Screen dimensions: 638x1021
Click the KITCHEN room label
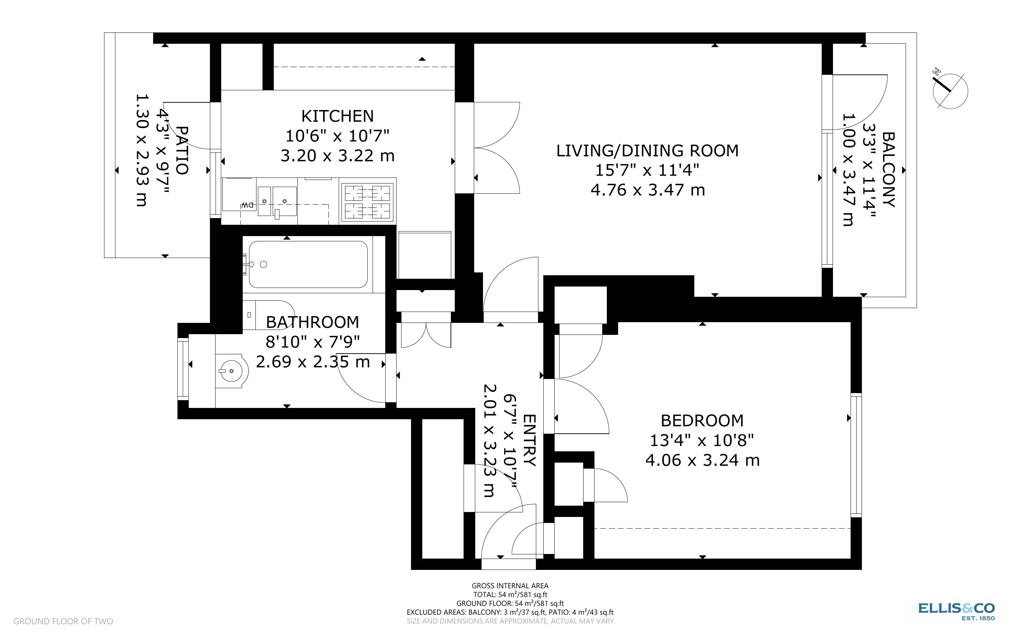pyautogui.click(x=337, y=116)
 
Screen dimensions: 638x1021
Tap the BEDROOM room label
pyautogui.click(x=702, y=421)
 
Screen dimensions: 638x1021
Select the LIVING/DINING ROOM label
pyautogui.click(x=647, y=151)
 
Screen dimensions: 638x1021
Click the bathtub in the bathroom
pyautogui.click(x=308, y=265)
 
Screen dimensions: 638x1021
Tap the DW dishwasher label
pyautogui.click(x=248, y=205)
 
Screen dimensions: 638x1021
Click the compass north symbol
pyautogui.click(x=950, y=91)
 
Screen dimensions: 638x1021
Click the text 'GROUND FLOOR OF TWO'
pyautogui.click(x=63, y=621)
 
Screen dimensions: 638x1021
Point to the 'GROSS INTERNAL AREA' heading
pyautogui.click(x=510, y=586)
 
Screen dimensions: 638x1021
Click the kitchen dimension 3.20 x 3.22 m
pyautogui.click(x=337, y=156)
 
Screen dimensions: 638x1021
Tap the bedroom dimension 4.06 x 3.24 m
pyautogui.click(x=702, y=460)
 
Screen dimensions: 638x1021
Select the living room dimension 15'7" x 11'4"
pyautogui.click(x=647, y=170)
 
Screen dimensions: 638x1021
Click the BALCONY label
pyautogui.click(x=888, y=170)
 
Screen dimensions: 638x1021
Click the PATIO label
pyautogui.click(x=181, y=150)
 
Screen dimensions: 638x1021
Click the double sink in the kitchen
pyautogui.click(x=277, y=201)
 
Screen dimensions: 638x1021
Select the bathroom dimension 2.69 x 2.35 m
pyautogui.click(x=313, y=362)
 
